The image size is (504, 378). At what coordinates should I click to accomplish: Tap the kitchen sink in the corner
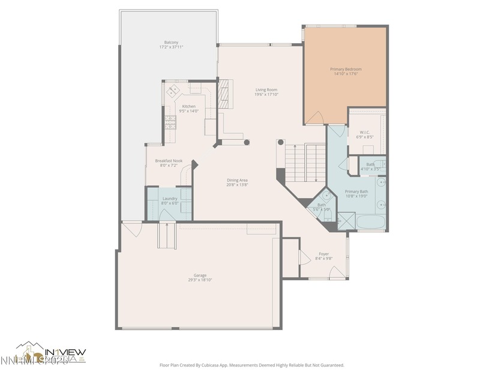(x=173, y=91)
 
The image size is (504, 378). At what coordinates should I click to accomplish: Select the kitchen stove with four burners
(x=170, y=122)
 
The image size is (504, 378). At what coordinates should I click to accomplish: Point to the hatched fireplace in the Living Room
(x=224, y=94)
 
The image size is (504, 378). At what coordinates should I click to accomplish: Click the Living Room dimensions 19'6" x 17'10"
(x=266, y=94)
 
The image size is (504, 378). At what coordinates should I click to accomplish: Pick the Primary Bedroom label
(x=346, y=69)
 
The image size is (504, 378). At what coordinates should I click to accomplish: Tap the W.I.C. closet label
(x=364, y=132)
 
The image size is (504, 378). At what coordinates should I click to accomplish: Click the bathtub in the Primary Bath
(x=370, y=222)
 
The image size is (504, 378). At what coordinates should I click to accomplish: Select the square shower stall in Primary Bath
(x=346, y=221)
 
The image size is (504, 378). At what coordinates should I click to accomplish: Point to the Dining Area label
(x=237, y=180)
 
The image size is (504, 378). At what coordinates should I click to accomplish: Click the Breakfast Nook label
(x=169, y=161)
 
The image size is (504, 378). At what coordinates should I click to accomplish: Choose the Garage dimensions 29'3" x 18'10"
(x=200, y=280)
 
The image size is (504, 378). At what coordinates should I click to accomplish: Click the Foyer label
(x=323, y=254)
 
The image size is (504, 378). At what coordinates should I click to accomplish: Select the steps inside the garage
(x=166, y=235)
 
